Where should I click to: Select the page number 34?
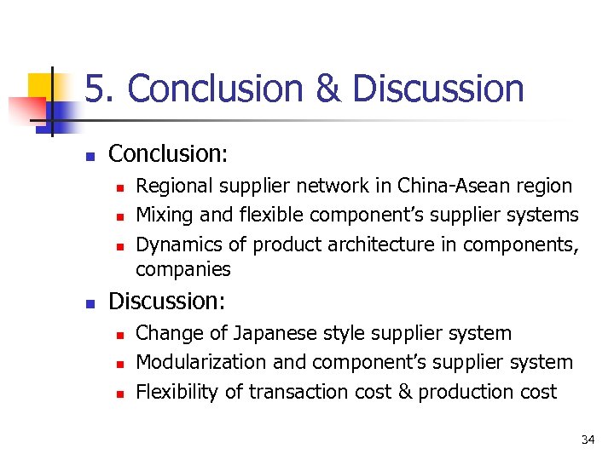588,440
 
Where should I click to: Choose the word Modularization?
202,362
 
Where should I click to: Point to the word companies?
183,270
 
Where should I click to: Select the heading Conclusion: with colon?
169,153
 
